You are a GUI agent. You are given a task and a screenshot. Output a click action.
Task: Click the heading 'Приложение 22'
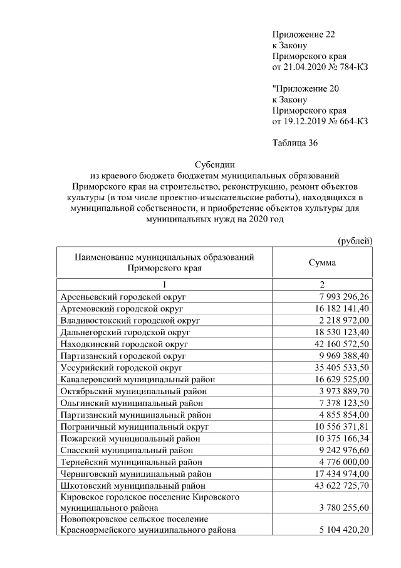tap(300, 34)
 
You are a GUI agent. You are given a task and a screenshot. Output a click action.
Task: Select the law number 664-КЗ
tap(351, 121)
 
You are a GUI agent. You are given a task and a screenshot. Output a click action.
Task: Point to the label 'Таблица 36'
tap(295, 143)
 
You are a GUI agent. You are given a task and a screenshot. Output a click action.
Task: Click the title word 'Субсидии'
tap(215, 165)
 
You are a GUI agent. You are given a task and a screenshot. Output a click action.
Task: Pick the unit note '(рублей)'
tap(355, 240)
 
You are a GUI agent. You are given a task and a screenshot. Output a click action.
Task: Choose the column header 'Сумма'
tap(322, 263)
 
